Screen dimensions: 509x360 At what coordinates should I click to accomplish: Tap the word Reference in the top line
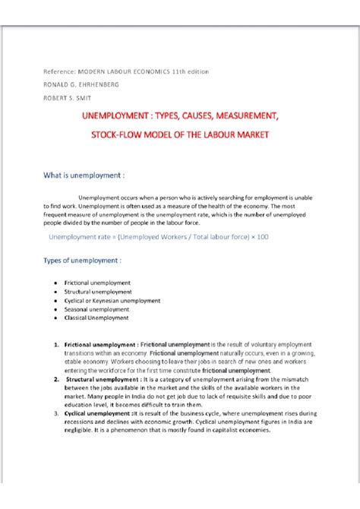click(58, 71)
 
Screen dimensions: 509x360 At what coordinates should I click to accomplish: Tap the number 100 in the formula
click(261, 237)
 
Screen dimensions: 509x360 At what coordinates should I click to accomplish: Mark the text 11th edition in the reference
click(188, 71)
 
